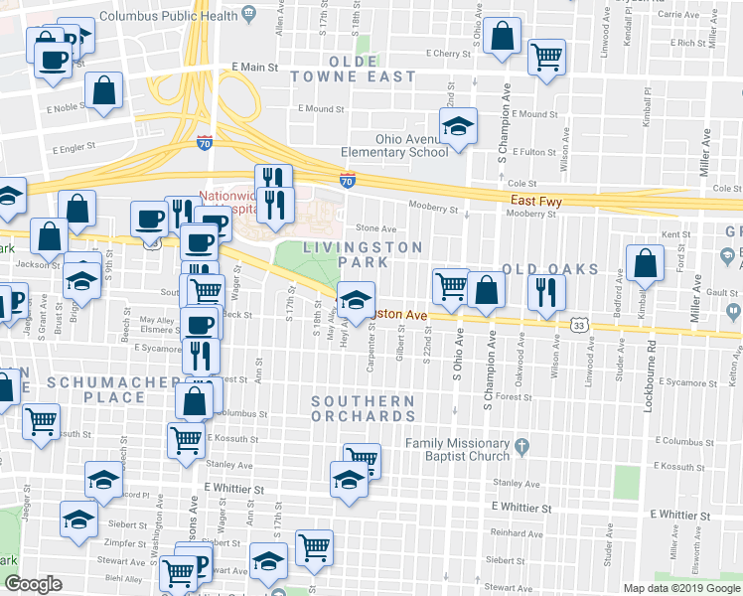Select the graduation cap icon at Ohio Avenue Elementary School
point(458,127)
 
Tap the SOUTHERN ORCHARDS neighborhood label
point(363,408)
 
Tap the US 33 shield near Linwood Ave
point(579,325)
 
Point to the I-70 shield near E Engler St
point(205,142)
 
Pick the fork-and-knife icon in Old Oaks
point(545,289)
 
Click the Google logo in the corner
point(33,584)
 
